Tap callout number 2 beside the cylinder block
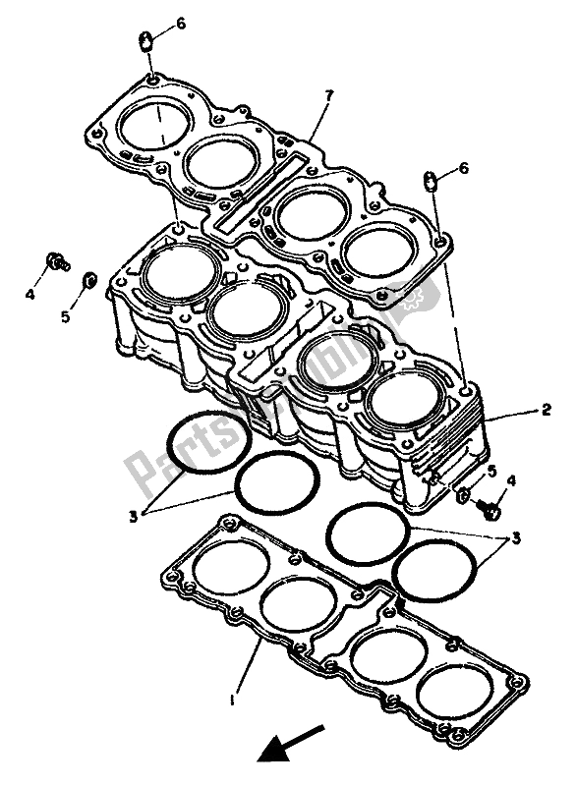click(544, 413)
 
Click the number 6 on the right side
click(463, 169)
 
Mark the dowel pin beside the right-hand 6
click(430, 180)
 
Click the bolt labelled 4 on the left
click(58, 262)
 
